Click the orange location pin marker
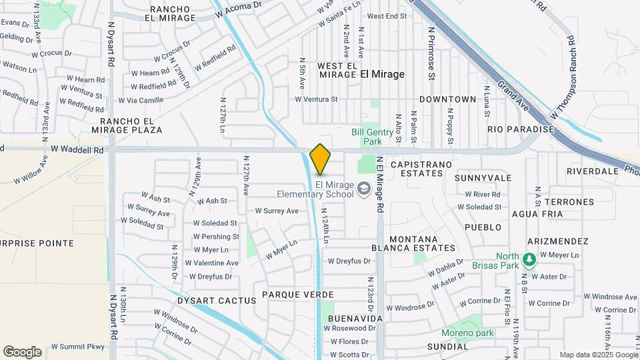pos(321,159)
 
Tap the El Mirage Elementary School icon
pos(364,189)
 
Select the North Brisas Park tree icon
pos(529,258)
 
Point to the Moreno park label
pos(467,333)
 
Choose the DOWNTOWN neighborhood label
pos(448,99)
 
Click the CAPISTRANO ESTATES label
pos(417,169)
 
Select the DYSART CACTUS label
pos(217,301)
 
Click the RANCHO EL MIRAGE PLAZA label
pos(131,125)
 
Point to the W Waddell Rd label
pos(77,151)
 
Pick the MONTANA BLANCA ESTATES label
pos(413,243)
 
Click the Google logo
pos(22,351)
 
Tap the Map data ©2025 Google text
pos(598,355)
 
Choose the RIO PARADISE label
pos(521,129)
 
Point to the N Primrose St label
pos(432,53)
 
